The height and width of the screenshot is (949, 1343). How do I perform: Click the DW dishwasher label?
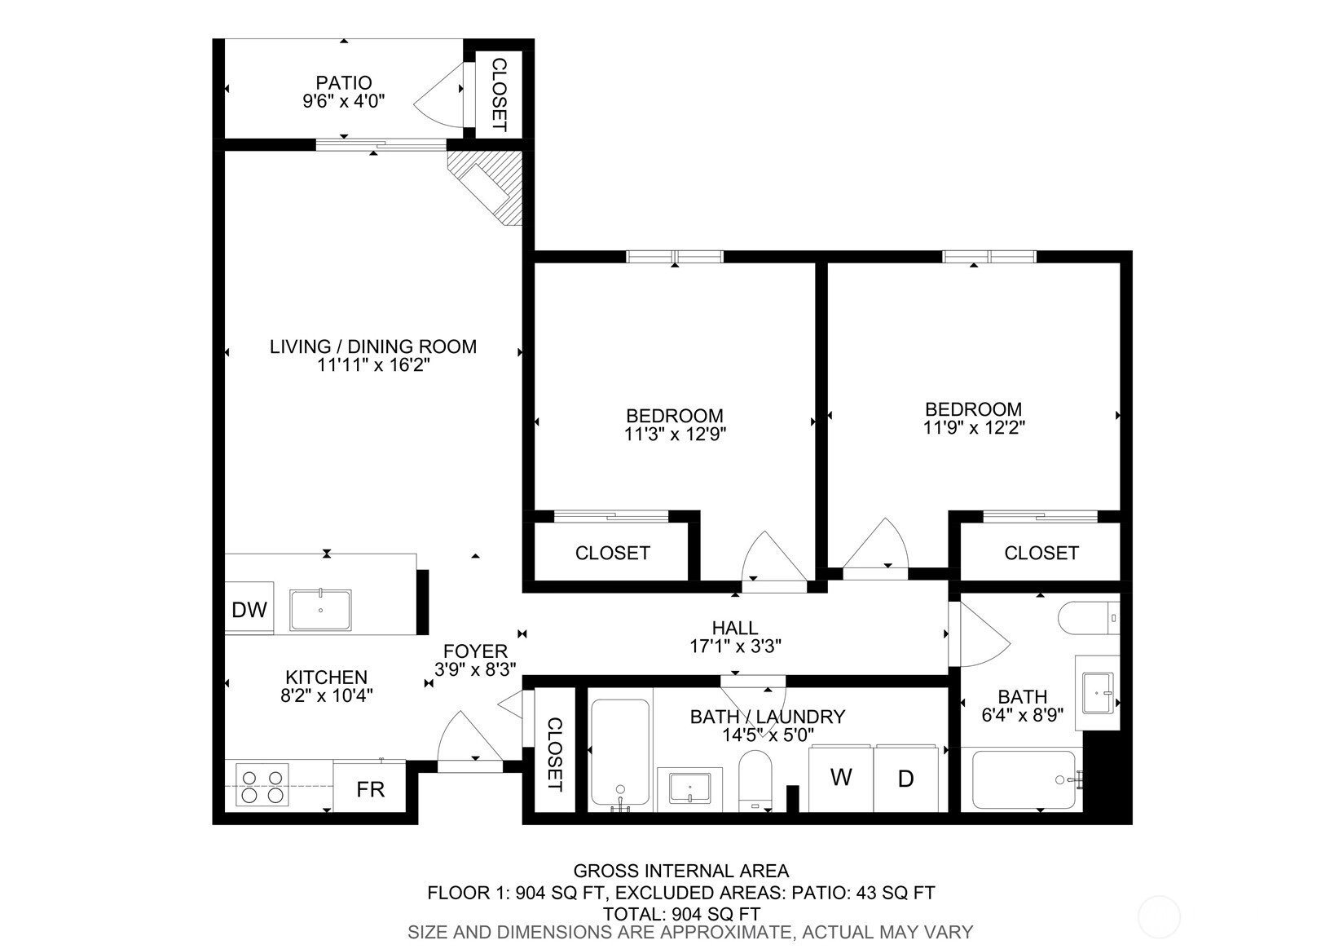[x=249, y=610]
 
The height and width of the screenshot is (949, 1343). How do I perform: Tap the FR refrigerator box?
[x=369, y=786]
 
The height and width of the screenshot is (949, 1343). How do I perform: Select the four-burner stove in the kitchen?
[x=262, y=784]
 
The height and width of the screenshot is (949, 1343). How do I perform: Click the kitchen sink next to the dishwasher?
[x=320, y=610]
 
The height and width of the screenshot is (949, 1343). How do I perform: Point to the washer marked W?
[x=840, y=778]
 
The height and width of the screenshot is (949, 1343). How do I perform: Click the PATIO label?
[x=344, y=82]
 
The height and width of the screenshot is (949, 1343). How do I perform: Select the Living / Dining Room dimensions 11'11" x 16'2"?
[x=373, y=364]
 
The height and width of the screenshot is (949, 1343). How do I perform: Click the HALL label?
[x=735, y=628]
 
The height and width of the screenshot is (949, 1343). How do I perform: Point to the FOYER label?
[x=475, y=651]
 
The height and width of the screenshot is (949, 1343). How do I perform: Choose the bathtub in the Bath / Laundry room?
[x=620, y=753]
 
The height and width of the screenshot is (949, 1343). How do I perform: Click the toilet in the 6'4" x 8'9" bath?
[x=1088, y=617]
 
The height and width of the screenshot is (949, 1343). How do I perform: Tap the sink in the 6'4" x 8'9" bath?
[x=1098, y=693]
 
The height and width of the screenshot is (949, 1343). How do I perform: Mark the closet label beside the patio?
[x=499, y=95]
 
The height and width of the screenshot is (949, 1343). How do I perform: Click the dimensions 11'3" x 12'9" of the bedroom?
[x=675, y=434]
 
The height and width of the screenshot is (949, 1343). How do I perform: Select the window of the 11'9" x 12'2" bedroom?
[x=989, y=257]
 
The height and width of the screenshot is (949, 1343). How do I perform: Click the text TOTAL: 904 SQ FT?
[x=682, y=914]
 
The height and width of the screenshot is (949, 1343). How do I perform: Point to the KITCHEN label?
[x=326, y=678]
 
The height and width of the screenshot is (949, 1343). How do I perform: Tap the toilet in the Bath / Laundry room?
[x=755, y=780]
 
